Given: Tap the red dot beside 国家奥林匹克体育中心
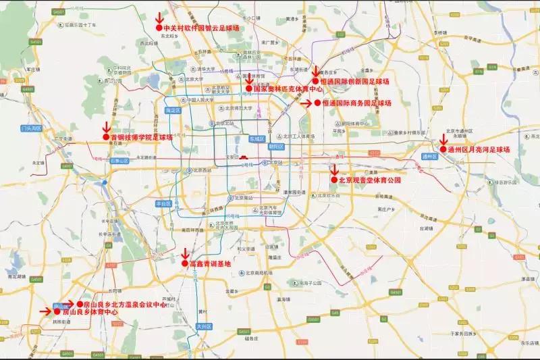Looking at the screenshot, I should click(x=248, y=88).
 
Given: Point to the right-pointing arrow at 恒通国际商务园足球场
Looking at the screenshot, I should click(x=305, y=103).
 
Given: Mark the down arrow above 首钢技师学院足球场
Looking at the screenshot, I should click(x=105, y=126).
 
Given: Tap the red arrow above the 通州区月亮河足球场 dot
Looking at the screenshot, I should click(x=443, y=139).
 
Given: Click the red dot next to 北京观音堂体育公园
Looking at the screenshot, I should click(x=333, y=180).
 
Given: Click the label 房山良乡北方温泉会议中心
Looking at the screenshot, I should click(x=125, y=305).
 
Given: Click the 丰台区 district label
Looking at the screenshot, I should click(x=163, y=203).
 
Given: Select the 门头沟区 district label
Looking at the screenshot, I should click(x=31, y=128).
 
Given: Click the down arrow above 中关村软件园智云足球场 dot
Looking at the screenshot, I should click(x=159, y=17).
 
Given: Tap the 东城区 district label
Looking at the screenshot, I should click(x=256, y=137).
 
